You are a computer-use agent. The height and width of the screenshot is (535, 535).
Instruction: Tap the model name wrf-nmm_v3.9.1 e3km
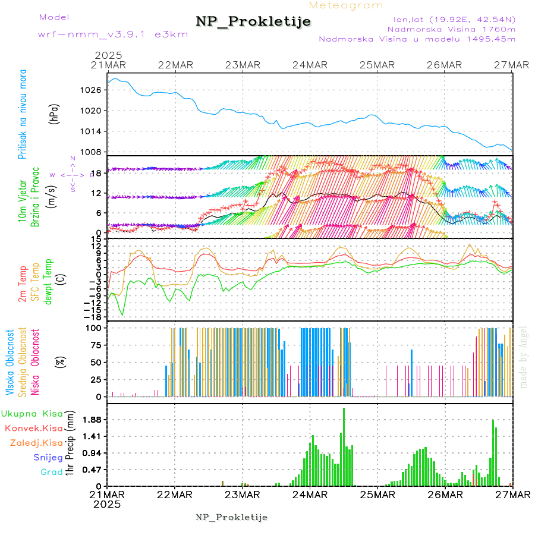pyautogui.click(x=113, y=34)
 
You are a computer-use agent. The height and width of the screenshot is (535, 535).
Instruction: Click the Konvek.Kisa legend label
pyautogui.click(x=33, y=428)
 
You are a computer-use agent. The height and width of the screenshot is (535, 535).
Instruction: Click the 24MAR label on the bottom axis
pyautogui.click(x=309, y=495)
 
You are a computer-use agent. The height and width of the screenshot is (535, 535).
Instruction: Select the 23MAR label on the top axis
pyautogui.click(x=242, y=65)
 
